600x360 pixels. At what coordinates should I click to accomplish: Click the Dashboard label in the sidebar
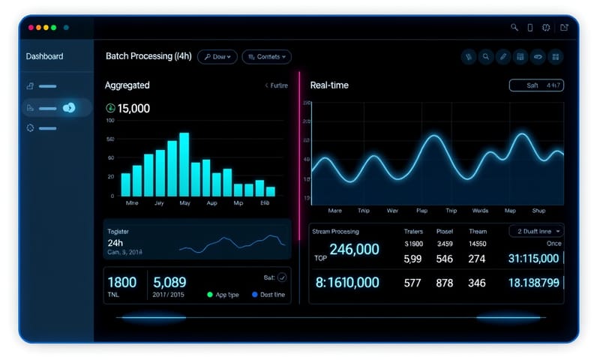point(44,56)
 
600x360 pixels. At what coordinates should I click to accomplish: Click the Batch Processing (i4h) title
point(148,56)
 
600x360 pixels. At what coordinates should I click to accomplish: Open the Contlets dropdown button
point(266,57)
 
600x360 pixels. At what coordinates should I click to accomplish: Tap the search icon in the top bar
point(514,28)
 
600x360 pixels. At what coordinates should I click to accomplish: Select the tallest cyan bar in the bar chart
point(184,164)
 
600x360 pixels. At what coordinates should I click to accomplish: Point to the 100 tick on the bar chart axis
point(110,120)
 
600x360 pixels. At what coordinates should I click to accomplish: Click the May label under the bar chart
point(184,203)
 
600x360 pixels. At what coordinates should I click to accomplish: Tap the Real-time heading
point(329,85)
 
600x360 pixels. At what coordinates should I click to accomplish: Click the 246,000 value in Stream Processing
point(354,250)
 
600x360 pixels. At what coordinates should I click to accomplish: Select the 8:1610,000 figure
point(346,283)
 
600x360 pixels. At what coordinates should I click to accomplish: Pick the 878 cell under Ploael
point(445,283)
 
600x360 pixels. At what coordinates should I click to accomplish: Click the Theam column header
point(478,232)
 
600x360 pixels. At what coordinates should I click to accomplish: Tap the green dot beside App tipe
point(210,295)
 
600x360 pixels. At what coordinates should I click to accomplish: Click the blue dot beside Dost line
point(254,295)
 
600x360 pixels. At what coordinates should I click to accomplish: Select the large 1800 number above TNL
point(121,283)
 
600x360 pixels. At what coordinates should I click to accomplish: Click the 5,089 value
point(169,283)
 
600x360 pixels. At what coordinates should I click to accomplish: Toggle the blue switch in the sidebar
point(69,108)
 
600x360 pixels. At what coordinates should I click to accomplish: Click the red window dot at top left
point(31,27)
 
